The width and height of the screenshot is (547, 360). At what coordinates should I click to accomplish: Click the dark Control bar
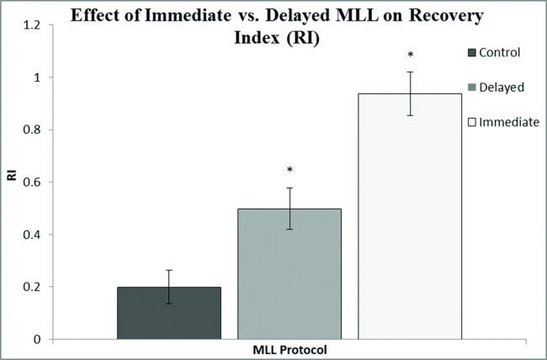click(169, 312)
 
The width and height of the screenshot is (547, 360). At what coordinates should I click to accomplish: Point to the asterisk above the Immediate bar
click(411, 56)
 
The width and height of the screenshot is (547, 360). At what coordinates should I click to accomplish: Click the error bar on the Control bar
click(169, 287)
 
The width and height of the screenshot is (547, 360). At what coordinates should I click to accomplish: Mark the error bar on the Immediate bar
click(411, 93)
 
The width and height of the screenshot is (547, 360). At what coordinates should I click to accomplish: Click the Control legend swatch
click(472, 53)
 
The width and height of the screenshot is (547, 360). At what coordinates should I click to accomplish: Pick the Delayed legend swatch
click(472, 87)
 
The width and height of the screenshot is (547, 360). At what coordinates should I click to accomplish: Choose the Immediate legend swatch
click(472, 123)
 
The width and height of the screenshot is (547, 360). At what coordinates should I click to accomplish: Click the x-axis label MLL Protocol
click(290, 349)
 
